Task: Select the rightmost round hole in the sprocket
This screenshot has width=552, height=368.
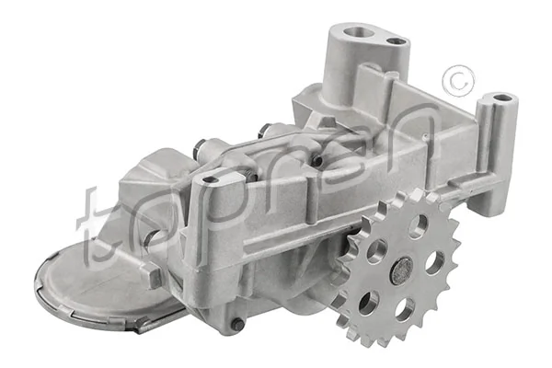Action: click(432, 262)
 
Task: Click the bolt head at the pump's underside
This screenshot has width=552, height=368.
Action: click(237, 324)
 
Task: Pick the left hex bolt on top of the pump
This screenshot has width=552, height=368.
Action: click(201, 147)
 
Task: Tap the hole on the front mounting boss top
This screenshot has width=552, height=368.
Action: click(211, 179)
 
